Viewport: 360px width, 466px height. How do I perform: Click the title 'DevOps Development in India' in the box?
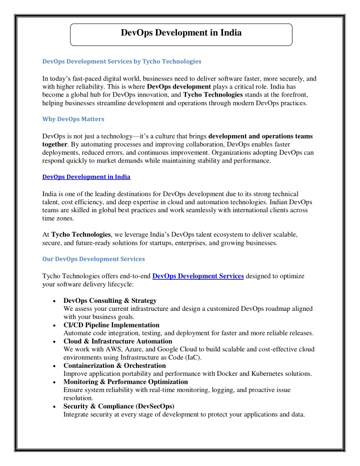(181, 34)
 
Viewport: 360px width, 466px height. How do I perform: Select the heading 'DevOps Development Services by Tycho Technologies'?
(122, 61)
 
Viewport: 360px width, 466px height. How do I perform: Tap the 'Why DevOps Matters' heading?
(73, 119)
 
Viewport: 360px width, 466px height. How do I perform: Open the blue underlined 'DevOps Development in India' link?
(86, 177)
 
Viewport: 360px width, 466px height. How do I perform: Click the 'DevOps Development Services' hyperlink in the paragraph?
(198, 276)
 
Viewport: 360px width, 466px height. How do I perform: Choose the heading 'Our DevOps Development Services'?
(94, 259)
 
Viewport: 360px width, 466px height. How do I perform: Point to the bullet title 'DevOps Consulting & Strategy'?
(110, 300)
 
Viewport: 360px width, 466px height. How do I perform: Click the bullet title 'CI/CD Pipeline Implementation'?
(111, 325)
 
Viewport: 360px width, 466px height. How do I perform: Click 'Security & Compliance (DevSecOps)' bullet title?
(118, 406)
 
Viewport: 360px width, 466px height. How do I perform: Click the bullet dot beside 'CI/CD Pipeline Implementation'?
(53, 325)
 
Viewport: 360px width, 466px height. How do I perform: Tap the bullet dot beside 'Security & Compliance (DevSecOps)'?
(53, 406)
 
